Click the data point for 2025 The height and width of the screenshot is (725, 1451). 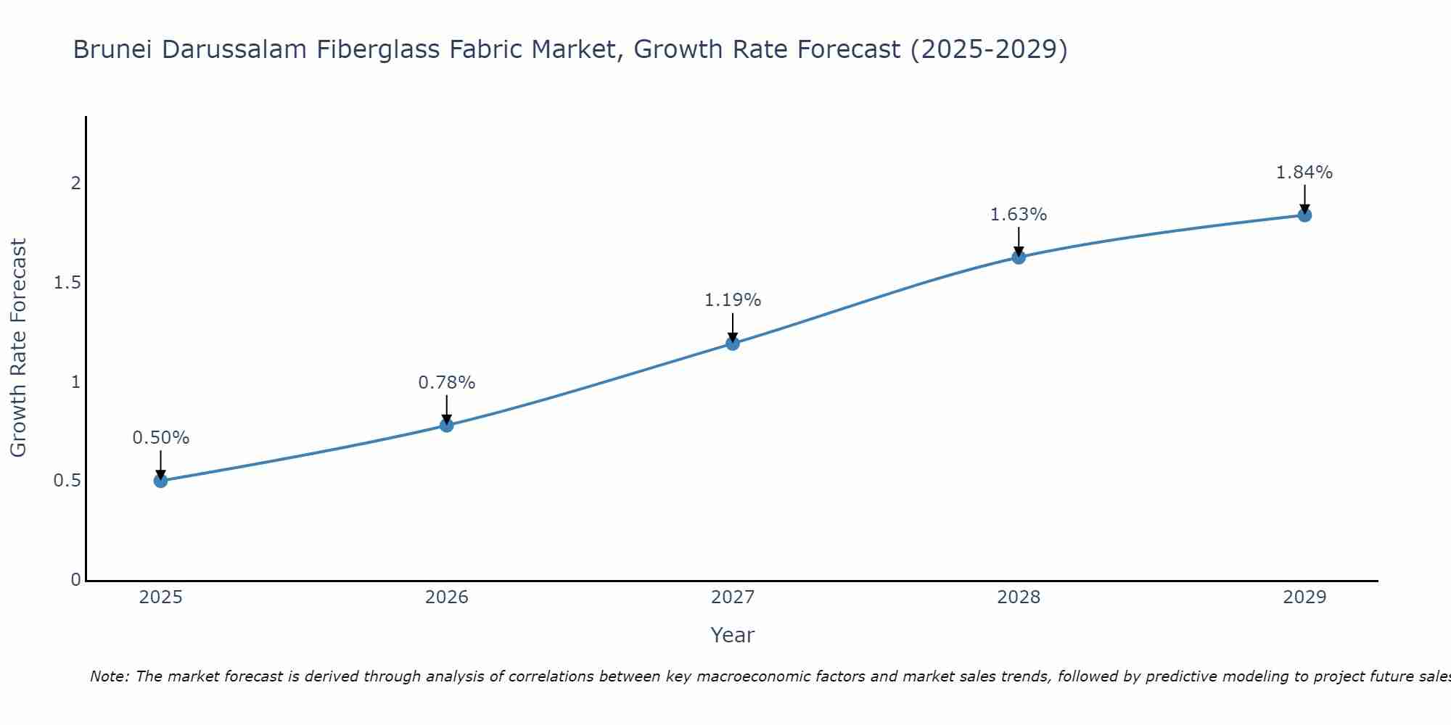coord(160,481)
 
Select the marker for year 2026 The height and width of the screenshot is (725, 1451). coord(447,425)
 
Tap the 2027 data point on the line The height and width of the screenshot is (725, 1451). coord(733,344)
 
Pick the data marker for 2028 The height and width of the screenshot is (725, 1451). coord(1019,257)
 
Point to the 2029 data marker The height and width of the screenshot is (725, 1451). coord(1304,215)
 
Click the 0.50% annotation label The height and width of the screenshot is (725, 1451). coord(160,438)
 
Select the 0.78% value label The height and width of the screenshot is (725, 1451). coord(447,382)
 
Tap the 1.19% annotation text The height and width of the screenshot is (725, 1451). coord(733,300)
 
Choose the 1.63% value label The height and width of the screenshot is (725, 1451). coord(1019,215)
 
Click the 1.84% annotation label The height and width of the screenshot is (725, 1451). coord(1304,173)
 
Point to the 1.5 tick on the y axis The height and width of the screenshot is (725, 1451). coord(67,283)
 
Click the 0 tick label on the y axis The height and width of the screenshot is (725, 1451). coord(75,580)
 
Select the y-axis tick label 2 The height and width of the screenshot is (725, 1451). coord(75,183)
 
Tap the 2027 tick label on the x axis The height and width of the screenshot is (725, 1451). coord(733,597)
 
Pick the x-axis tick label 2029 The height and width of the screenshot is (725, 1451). coord(1304,597)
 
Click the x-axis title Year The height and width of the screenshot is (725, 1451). coord(733,635)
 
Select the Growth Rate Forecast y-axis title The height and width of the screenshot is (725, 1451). coord(19,348)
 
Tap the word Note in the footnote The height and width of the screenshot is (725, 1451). coord(109,676)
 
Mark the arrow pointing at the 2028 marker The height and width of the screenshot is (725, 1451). coord(1019,241)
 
